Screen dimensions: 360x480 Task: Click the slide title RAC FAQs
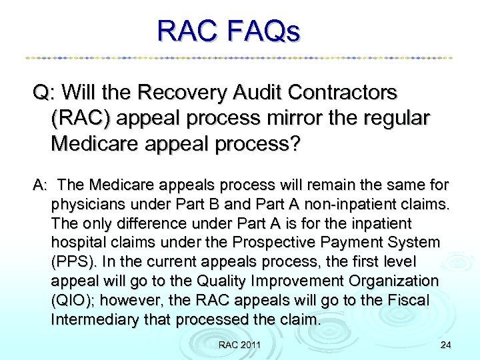click(x=229, y=31)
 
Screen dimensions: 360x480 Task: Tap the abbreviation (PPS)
click(x=71, y=261)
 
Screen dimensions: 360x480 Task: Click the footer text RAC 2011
click(x=240, y=344)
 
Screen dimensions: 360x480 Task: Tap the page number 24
click(x=445, y=344)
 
